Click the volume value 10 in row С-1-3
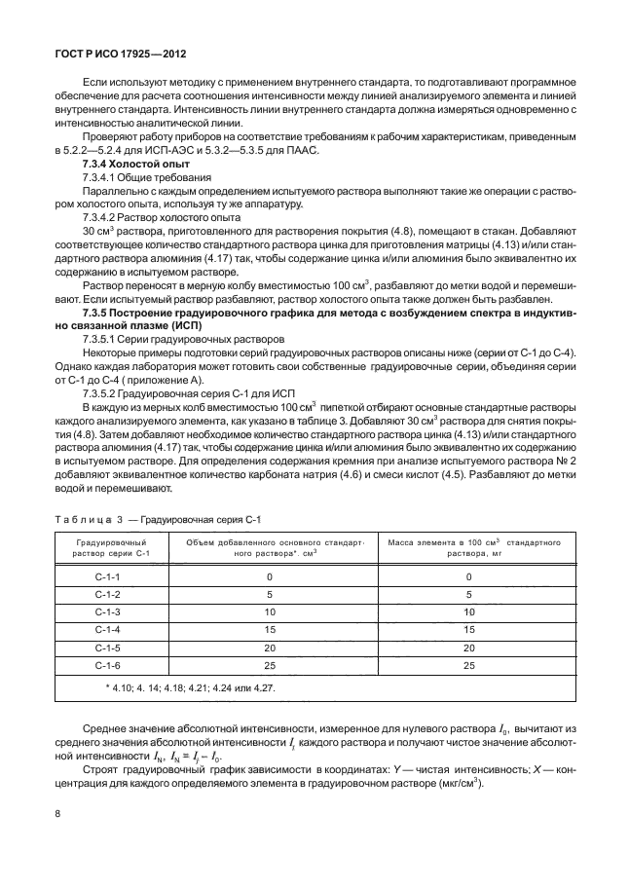[270, 612]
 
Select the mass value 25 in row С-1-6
[469, 665]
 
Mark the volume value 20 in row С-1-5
[270, 648]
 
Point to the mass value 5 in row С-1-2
[469, 594]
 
